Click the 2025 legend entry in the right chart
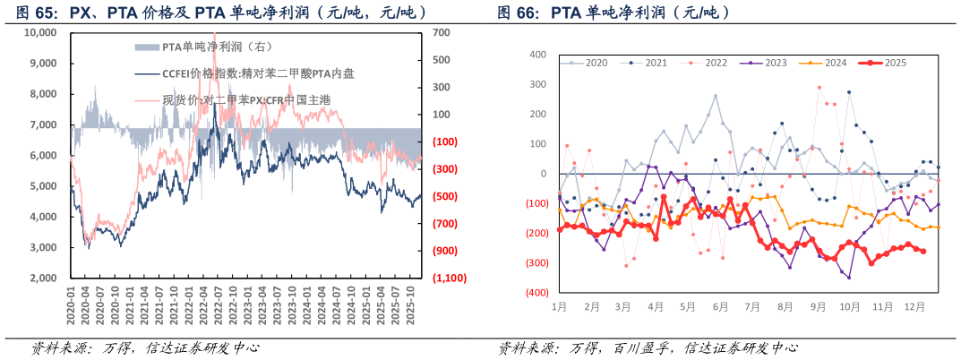pos(888,63)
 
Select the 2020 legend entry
pos(589,63)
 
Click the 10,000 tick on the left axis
pos(40,32)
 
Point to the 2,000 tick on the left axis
pos(44,279)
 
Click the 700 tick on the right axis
pos(441,32)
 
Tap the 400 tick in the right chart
pos(538,55)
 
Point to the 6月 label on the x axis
pos(720,306)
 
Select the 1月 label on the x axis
pos(558,306)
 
